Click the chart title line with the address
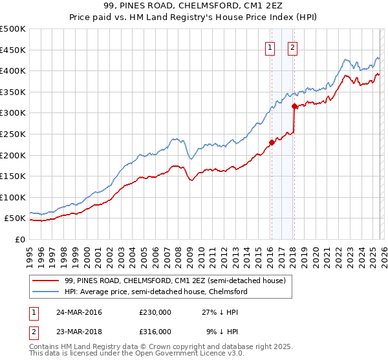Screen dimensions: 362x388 [x=193, y=6]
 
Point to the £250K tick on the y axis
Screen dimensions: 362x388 [x=13, y=134]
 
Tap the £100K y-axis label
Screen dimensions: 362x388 [x=13, y=197]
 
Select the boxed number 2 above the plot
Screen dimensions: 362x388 [x=292, y=47]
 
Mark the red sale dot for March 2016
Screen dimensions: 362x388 [x=272, y=143]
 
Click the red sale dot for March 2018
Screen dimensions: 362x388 [x=294, y=106]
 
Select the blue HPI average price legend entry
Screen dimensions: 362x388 [x=155, y=292]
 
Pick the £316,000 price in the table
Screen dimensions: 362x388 [x=155, y=331]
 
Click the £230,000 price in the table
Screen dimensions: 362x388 [x=155, y=312]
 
